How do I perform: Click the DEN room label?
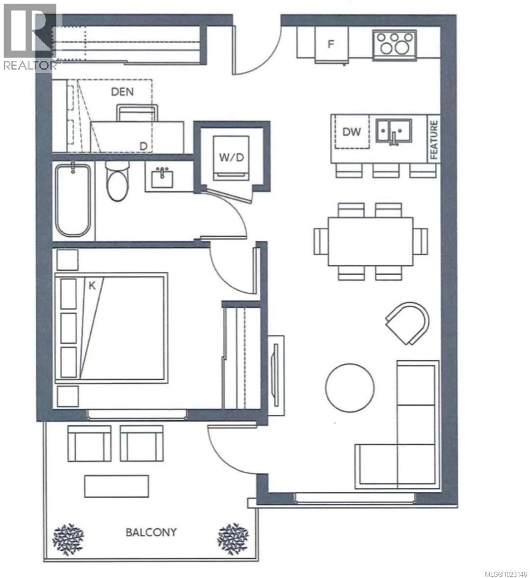tap(122, 92)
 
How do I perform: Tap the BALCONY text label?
tap(151, 532)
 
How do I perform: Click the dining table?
tap(371, 241)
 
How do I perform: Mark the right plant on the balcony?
tap(233, 539)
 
